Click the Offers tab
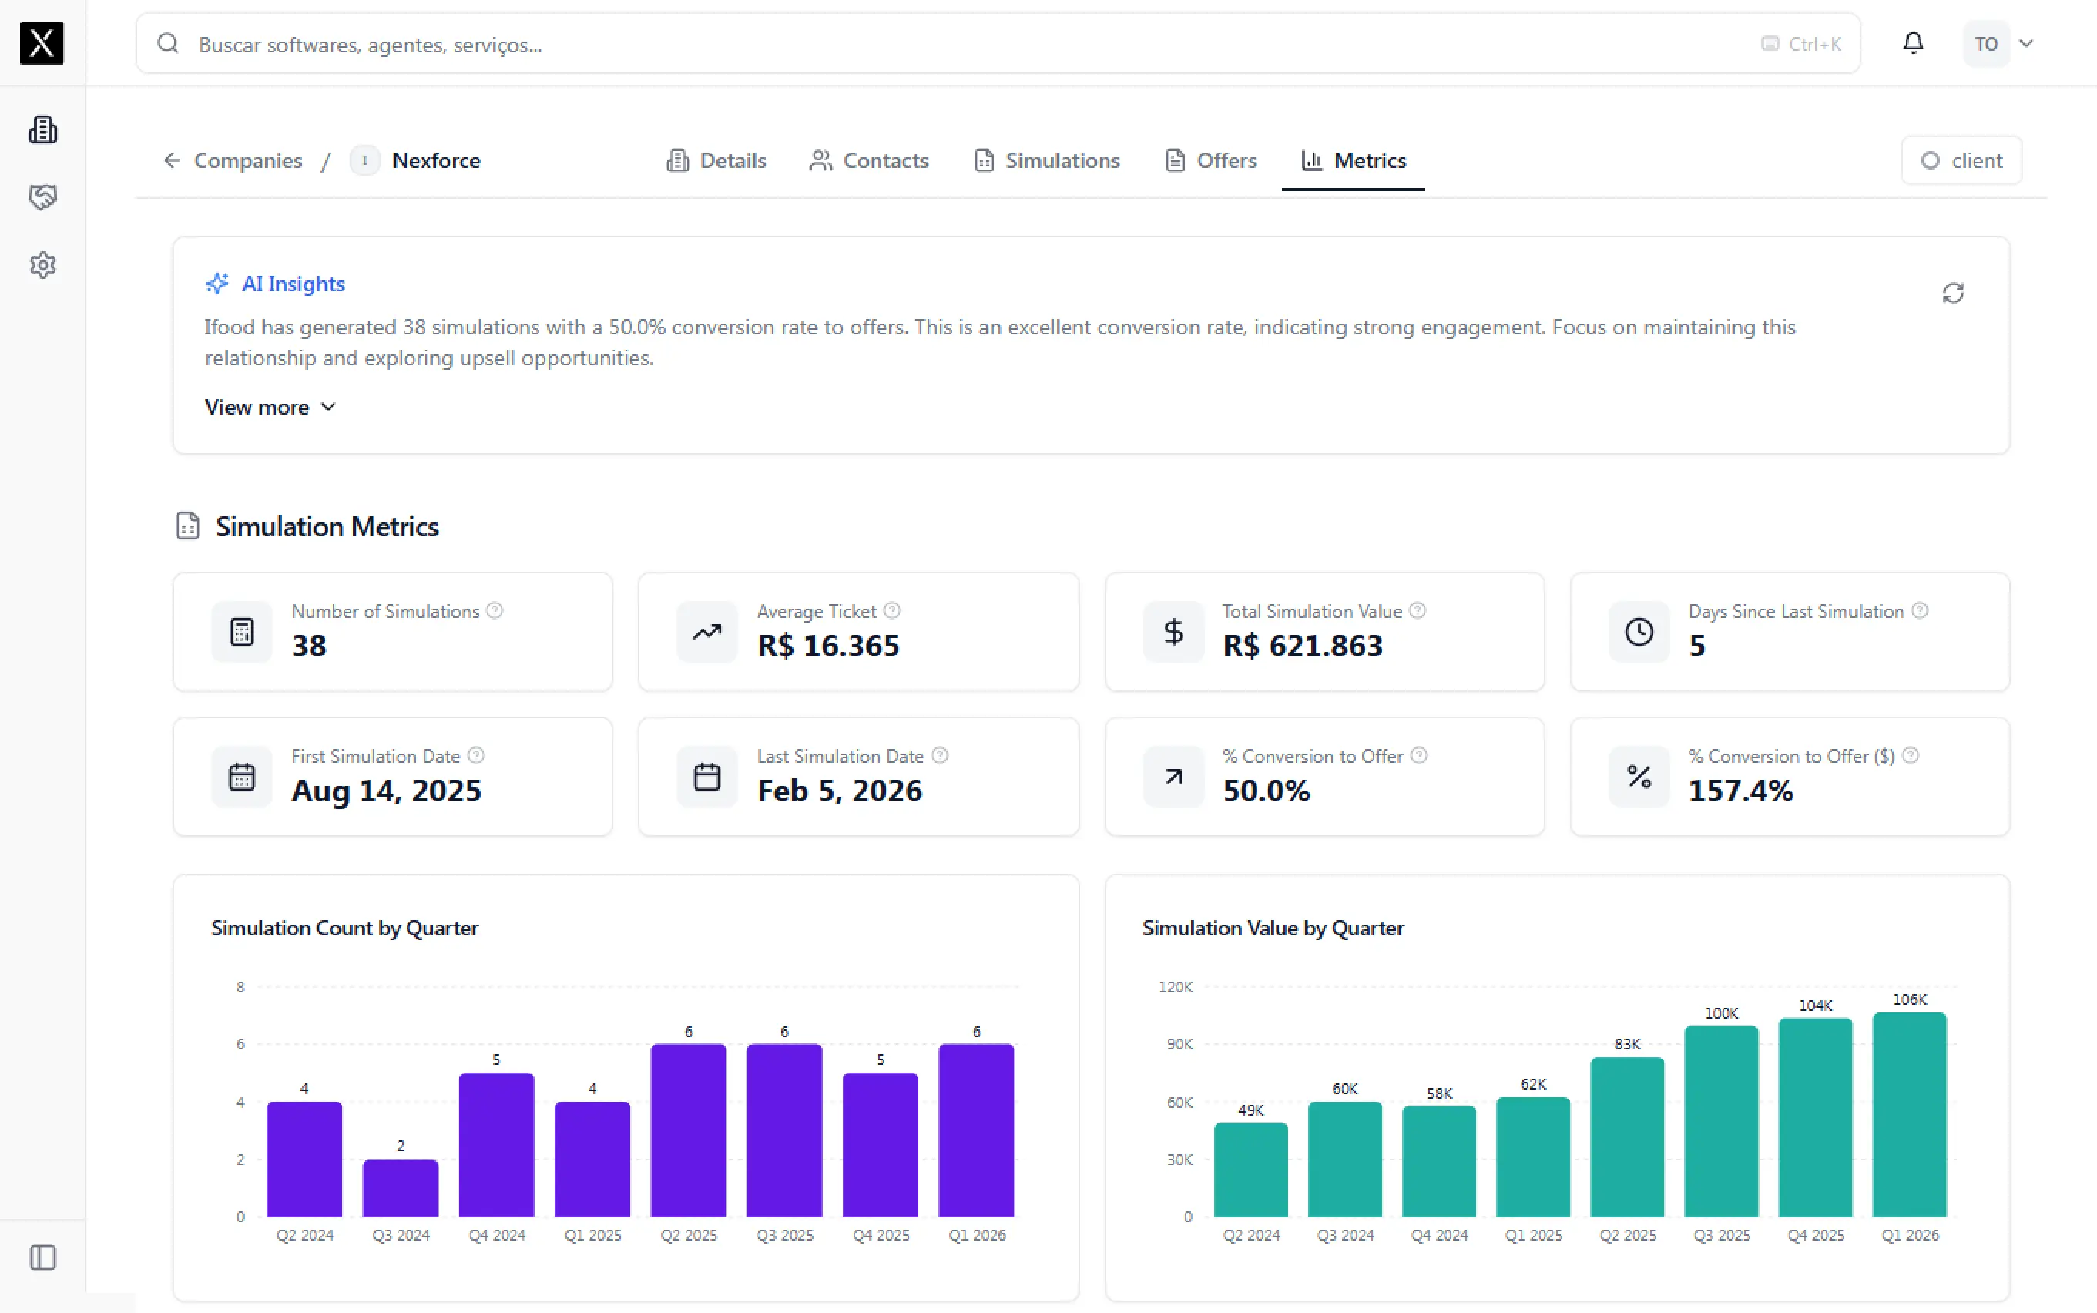coord(1210,160)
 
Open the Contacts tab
coord(869,160)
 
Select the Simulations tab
coord(1047,160)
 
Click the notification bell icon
coord(1913,43)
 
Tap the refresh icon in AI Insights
coord(1953,293)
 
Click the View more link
coord(270,408)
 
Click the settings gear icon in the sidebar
coord(42,265)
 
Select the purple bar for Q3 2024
coord(400,1188)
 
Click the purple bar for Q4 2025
coord(880,1144)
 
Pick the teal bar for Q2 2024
coord(1251,1170)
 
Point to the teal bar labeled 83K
coord(1627,1137)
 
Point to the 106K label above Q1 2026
coord(1910,999)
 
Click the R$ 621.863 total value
coord(1302,646)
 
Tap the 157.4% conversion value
coord(1740,791)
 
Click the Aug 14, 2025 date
coord(386,791)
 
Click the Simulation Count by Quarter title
coord(344,929)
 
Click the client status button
coord(1961,160)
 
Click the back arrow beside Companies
coord(172,160)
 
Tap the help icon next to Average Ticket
coord(892,610)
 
